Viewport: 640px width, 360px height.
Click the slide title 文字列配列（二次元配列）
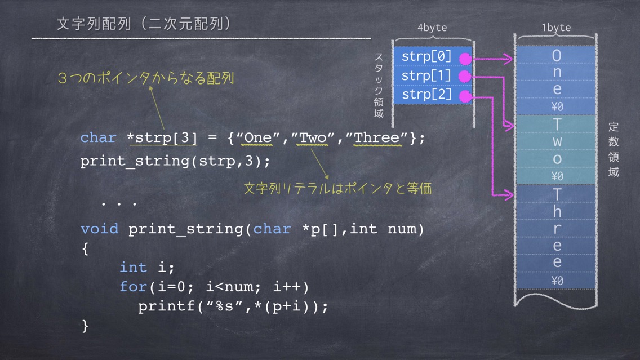click(x=144, y=24)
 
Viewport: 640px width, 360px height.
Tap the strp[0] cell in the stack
click(x=433, y=56)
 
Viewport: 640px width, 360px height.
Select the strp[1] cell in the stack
click(x=433, y=75)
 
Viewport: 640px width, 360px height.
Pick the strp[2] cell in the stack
click(x=433, y=95)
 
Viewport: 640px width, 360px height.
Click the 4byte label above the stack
click(x=432, y=28)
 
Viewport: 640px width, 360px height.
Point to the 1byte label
click(x=556, y=28)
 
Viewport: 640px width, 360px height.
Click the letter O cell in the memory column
click(x=556, y=55)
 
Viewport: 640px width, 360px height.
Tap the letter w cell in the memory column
click(x=556, y=141)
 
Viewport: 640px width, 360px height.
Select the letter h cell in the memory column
click(x=556, y=211)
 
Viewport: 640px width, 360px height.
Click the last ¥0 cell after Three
click(x=556, y=281)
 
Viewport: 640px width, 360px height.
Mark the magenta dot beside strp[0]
click(x=465, y=59)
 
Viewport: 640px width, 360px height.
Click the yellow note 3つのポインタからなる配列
click(x=146, y=78)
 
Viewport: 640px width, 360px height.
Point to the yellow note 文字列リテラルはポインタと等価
click(x=337, y=188)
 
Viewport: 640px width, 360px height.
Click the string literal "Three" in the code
click(x=377, y=138)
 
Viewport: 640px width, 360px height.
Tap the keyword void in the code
click(x=100, y=229)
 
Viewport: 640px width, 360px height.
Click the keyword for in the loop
click(x=133, y=287)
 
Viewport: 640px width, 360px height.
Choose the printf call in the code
click(x=233, y=306)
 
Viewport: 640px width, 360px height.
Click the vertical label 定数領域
click(x=614, y=149)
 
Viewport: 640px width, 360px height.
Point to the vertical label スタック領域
click(x=379, y=85)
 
